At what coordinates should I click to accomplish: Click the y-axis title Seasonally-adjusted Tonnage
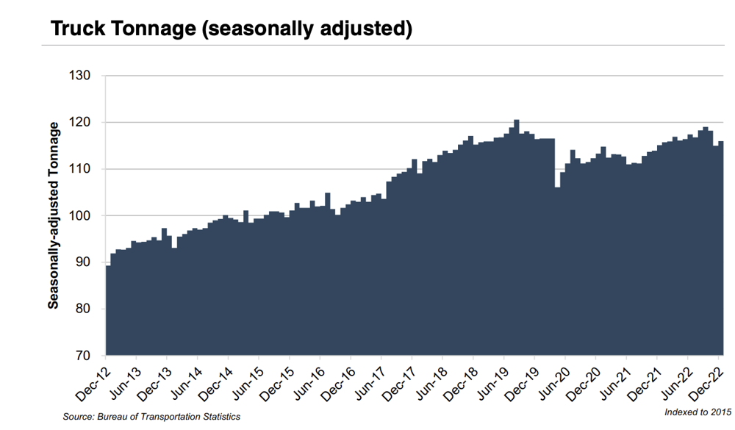point(54,216)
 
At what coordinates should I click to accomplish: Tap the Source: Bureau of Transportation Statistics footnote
point(151,417)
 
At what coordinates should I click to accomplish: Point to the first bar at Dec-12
point(109,309)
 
